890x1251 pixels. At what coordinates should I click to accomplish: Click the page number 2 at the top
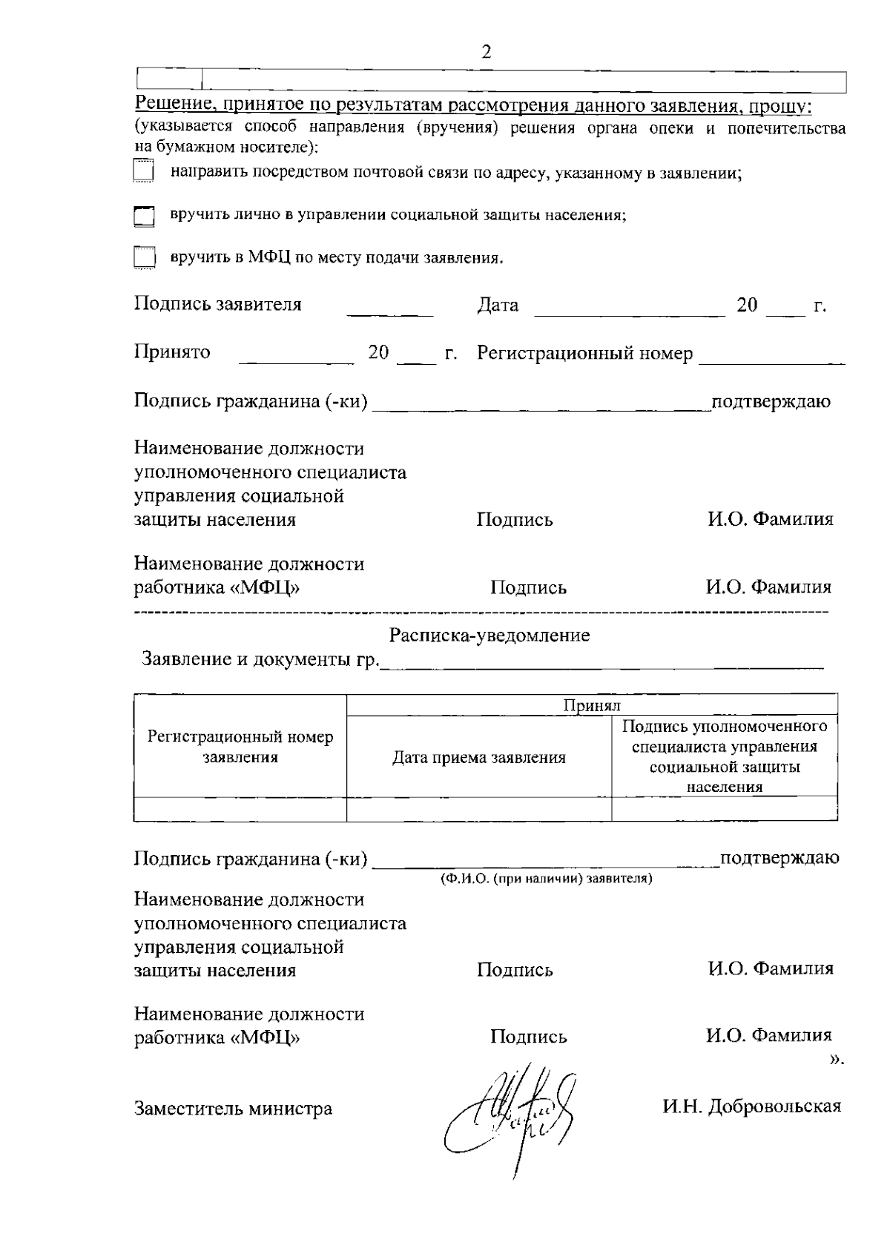[x=487, y=52]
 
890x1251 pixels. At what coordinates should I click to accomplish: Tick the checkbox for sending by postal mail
[x=143, y=172]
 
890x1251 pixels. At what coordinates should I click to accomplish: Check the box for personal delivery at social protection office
[x=144, y=216]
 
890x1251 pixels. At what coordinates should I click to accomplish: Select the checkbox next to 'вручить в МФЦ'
[x=144, y=258]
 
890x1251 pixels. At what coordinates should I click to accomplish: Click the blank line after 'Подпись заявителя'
[x=391, y=314]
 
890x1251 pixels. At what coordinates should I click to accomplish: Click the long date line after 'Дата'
[x=629, y=314]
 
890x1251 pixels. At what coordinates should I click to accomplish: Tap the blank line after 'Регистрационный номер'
[x=771, y=362]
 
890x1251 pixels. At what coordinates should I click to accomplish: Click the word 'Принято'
[x=172, y=351]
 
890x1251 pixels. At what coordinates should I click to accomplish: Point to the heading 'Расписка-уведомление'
[x=489, y=636]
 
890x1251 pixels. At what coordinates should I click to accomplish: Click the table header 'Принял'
[x=591, y=705]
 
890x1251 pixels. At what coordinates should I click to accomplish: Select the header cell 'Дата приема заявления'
[x=479, y=757]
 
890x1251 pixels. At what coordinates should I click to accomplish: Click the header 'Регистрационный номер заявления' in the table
[x=240, y=747]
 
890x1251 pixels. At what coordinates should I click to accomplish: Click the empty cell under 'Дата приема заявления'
[x=479, y=809]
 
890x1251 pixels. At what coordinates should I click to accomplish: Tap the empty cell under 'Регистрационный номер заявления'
[x=240, y=809]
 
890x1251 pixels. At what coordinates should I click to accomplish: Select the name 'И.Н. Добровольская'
[x=752, y=1106]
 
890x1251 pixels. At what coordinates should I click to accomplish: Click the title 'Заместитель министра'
[x=233, y=1109]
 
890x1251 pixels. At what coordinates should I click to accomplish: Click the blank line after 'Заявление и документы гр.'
[x=601, y=667]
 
